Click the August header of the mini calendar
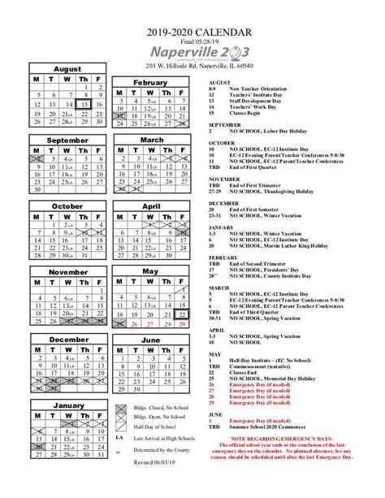point(68,71)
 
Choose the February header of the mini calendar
point(150,83)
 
